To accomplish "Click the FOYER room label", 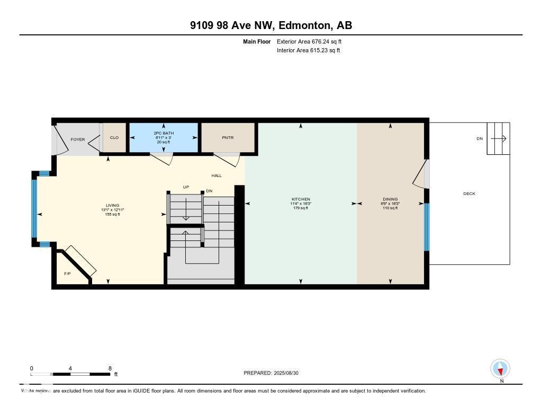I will pos(78,140).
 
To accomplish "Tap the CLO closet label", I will pos(114,138).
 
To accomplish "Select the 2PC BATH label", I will pos(164,133).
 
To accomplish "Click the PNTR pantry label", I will pos(228,138).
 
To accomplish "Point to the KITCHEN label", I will pos(301,199).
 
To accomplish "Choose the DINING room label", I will pos(390,199).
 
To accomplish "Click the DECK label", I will pos(469,193).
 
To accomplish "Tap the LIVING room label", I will pos(112,206).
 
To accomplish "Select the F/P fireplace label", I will pos(67,274).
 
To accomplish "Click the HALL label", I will pos(216,175).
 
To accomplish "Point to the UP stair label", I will pos(186,187).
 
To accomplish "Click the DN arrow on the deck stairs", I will pos(498,139).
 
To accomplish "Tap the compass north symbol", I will pos(500,369).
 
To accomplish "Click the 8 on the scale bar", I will pos(110,368).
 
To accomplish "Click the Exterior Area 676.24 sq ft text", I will pos(313,41).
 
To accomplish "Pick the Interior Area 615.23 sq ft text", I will pos(308,51).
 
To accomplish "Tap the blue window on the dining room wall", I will pos(427,227).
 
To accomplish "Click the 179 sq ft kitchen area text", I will pos(300,208).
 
